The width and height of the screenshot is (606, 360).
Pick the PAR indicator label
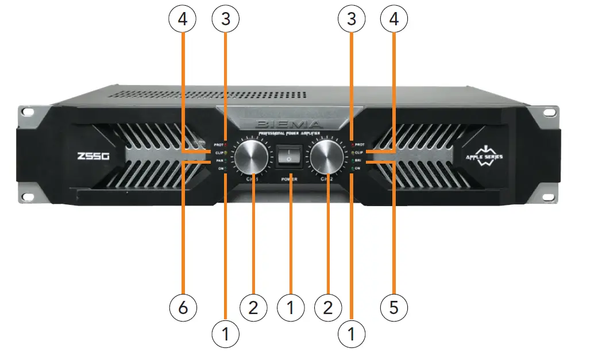[x=219, y=162]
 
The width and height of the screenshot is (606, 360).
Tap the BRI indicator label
[x=359, y=161]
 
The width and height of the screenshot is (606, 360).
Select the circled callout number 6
[x=183, y=308]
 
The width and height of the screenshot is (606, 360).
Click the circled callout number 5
[x=394, y=308]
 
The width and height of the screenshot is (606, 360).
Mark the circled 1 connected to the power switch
[x=290, y=308]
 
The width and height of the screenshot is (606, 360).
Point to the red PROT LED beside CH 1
[x=226, y=145]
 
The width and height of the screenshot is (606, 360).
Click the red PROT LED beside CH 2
[x=352, y=145]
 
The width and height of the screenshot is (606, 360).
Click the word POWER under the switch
[x=290, y=179]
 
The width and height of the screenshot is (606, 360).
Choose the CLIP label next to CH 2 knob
[x=359, y=153]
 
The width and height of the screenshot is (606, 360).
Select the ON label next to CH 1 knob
[x=220, y=169]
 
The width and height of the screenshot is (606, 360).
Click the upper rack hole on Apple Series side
[x=550, y=111]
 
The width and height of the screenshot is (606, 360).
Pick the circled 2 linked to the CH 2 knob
[x=328, y=308]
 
